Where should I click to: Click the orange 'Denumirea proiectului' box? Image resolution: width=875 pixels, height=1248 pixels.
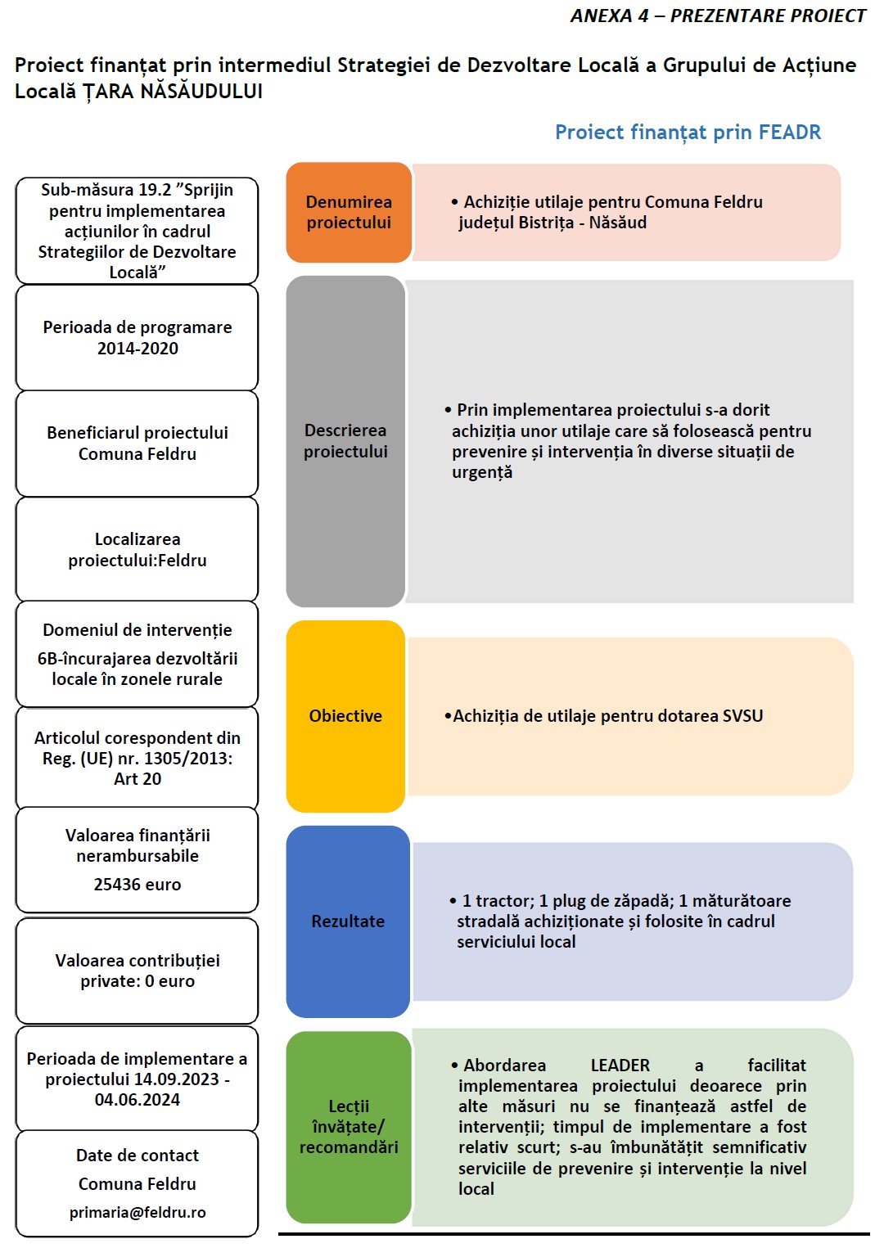(x=349, y=212)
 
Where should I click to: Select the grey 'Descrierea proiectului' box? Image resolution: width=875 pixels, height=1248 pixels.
(x=345, y=441)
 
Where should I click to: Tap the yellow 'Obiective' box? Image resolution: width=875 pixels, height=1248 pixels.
(x=345, y=716)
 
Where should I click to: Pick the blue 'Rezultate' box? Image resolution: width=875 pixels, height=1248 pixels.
(x=348, y=921)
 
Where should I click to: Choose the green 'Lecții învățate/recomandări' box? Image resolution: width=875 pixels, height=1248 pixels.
(x=349, y=1127)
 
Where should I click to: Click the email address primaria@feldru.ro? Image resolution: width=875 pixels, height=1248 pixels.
(x=138, y=1212)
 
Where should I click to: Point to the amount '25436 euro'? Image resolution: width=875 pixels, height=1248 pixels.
(x=138, y=885)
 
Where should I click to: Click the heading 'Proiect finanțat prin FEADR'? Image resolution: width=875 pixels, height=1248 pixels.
(x=688, y=133)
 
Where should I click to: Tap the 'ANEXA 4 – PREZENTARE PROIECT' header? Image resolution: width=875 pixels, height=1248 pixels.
(x=717, y=16)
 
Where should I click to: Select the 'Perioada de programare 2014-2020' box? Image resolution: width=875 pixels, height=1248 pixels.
(x=138, y=338)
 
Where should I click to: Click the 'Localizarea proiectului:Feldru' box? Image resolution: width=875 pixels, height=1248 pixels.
(x=138, y=550)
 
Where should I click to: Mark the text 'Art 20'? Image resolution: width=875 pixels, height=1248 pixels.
(x=138, y=779)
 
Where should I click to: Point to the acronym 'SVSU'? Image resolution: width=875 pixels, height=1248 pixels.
(x=742, y=716)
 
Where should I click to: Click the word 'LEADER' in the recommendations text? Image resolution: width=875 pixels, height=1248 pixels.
(x=620, y=1066)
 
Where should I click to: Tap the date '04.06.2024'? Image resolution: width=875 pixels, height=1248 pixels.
(x=138, y=1100)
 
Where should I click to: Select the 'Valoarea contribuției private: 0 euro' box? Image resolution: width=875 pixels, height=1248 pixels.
(x=138, y=971)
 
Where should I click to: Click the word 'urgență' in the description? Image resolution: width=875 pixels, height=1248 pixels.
(x=482, y=473)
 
